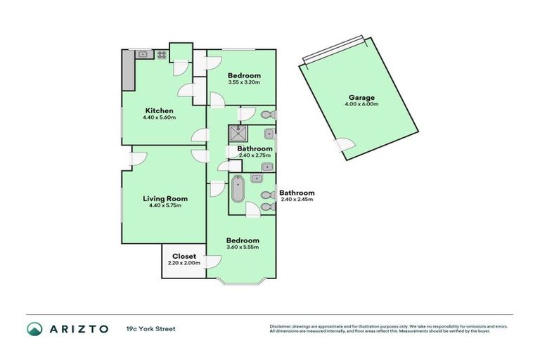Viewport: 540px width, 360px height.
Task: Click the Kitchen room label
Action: coord(159,110)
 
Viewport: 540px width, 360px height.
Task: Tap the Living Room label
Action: coord(165,198)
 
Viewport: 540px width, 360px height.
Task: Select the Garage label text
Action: coord(361,98)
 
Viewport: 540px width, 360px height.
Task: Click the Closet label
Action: coord(184,256)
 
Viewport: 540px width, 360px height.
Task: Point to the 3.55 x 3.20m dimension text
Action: coord(244,82)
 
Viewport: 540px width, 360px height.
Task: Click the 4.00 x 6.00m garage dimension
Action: coord(361,104)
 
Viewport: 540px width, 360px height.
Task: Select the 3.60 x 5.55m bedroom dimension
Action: coord(243,247)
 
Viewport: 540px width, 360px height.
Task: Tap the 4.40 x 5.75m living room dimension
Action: coord(165,205)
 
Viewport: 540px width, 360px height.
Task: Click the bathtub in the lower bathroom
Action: coord(238,189)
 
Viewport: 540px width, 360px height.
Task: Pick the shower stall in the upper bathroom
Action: coord(238,134)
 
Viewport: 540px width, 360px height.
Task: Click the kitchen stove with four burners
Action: coord(162,54)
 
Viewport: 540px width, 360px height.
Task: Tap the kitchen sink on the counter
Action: coord(143,54)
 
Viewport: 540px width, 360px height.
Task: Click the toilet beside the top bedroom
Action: coord(268,115)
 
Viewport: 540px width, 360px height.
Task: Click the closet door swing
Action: coord(214,261)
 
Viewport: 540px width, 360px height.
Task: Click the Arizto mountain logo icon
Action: coord(34,328)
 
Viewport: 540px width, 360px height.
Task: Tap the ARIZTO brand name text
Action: coord(79,329)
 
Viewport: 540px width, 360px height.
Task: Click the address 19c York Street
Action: coord(151,329)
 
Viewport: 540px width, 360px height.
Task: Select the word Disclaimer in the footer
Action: coord(281,326)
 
